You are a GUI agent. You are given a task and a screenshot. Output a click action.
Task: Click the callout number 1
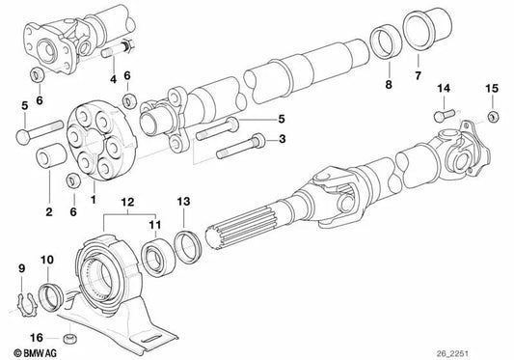coord(94,200)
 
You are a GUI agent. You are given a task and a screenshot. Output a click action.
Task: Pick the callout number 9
coord(21,265)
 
